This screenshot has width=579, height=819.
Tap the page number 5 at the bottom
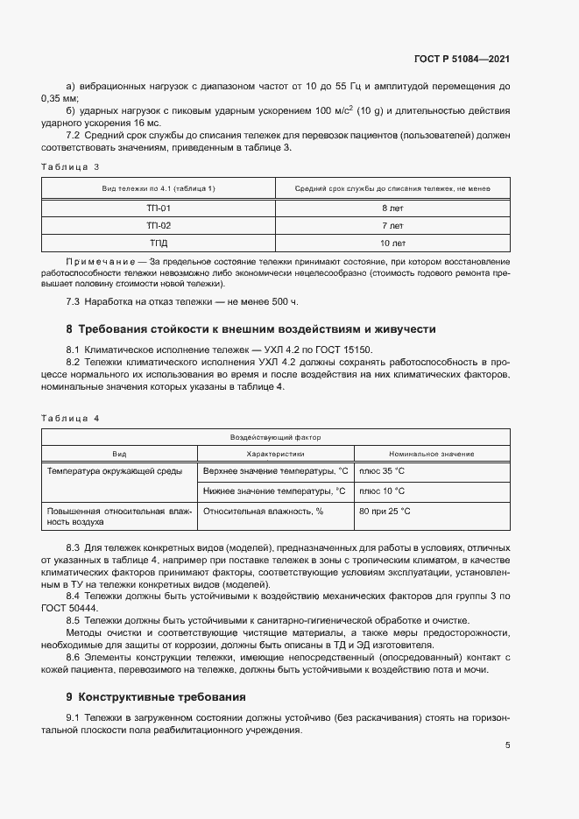508,745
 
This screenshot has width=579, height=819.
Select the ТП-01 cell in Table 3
159,208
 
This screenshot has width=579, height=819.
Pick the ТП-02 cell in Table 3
159,225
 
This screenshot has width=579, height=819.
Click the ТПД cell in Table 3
159,243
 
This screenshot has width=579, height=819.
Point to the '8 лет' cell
392,208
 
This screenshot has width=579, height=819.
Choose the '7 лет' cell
392,225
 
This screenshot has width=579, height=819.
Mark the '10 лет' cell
392,243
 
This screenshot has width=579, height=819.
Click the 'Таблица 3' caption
71,166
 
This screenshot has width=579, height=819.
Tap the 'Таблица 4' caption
71,418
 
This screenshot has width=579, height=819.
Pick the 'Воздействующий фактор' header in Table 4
276,436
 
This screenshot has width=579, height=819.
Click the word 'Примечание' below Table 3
94,262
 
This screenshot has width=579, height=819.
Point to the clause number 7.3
74,302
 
